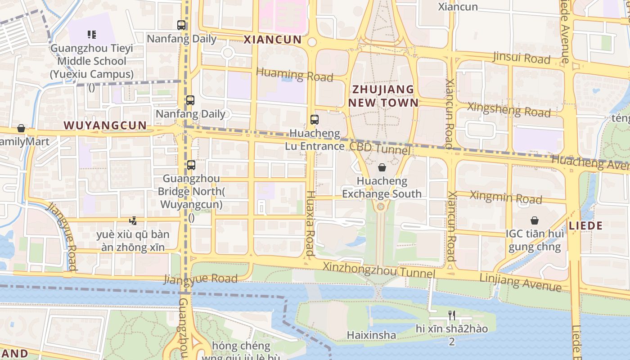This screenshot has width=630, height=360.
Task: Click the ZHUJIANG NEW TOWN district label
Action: tap(383, 96)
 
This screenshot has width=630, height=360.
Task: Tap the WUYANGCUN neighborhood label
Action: tap(105, 125)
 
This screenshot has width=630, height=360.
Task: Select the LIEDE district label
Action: tap(585, 226)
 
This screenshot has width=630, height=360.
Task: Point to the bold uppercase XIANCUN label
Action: tap(272, 40)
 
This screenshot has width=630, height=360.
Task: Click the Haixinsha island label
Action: tap(371, 335)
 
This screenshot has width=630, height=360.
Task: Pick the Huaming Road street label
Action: tap(294, 75)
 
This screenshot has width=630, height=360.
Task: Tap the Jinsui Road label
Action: tap(522, 58)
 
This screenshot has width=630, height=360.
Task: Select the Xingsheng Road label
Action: tap(509, 109)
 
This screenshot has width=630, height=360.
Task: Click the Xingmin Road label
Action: tap(505, 197)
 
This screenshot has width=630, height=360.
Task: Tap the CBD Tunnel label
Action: tap(379, 148)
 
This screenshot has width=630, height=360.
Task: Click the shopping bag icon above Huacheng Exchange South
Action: tap(382, 167)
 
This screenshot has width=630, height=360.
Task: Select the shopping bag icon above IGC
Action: tap(535, 220)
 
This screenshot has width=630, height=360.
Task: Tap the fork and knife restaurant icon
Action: tap(452, 315)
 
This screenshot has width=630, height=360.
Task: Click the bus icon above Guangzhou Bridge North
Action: tap(191, 165)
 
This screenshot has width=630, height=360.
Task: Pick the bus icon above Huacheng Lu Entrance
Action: tap(315, 120)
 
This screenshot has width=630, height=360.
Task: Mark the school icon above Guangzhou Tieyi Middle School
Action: tap(92, 35)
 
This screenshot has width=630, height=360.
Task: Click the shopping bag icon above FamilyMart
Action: tap(21, 129)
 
